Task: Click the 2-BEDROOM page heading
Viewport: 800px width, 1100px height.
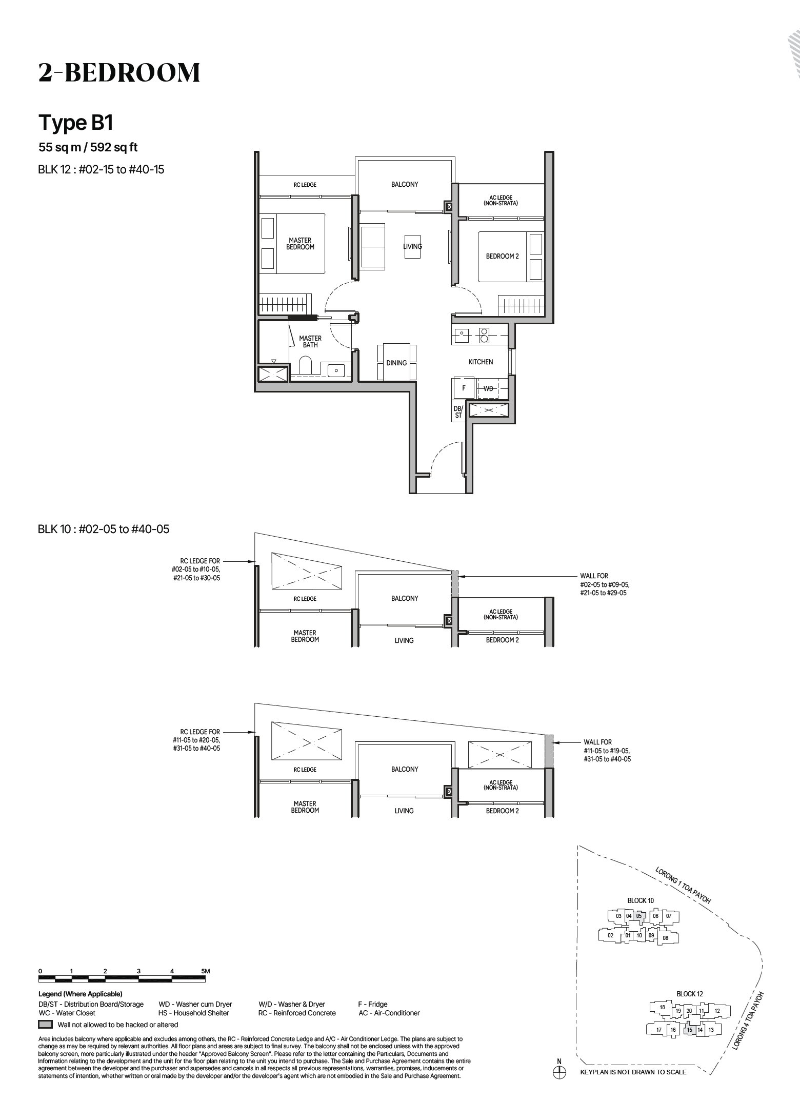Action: [x=119, y=73]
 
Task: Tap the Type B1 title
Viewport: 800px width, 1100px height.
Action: [x=76, y=123]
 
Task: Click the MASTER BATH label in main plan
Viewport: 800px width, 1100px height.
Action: [x=310, y=341]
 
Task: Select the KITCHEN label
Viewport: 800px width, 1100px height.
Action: [x=481, y=362]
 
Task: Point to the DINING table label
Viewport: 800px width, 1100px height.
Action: [x=396, y=363]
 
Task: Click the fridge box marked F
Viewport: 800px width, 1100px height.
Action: [x=464, y=388]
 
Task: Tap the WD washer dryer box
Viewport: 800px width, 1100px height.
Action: [x=489, y=388]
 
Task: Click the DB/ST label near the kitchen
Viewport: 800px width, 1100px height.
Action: [x=458, y=412]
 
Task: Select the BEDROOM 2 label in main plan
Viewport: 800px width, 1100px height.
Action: [x=502, y=256]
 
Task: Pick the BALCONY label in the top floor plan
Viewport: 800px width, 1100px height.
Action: [x=405, y=184]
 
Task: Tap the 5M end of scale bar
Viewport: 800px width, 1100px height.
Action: [x=205, y=971]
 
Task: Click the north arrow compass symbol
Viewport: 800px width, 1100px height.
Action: [x=559, y=1072]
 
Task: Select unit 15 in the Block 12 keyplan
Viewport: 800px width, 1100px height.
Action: [x=689, y=1030]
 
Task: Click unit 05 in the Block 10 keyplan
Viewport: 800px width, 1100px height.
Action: [x=639, y=916]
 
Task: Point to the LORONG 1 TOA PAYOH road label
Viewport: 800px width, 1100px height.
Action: [x=683, y=885]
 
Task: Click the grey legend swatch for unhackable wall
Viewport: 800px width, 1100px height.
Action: [x=46, y=1025]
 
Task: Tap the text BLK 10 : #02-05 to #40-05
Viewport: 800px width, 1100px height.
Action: [x=104, y=529]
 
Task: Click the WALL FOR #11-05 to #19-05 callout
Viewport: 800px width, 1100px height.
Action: [x=607, y=750]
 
